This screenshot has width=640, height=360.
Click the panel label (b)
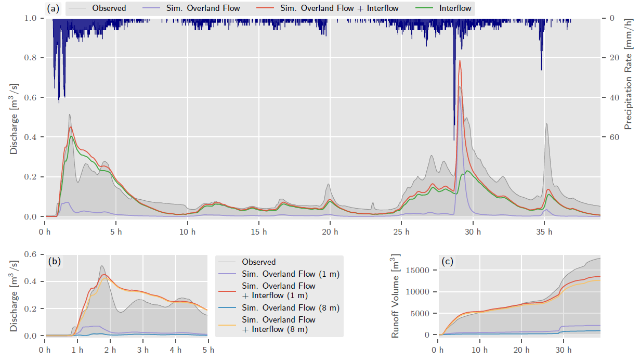[54, 262]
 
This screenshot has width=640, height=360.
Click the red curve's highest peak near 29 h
[460, 61]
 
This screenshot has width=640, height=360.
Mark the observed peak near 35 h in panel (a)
[546, 124]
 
